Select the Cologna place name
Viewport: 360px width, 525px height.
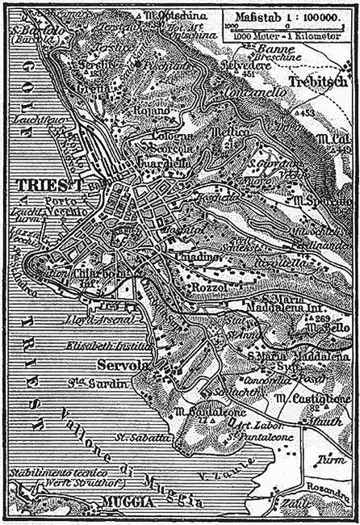click(170, 136)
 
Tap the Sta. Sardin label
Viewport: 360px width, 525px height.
click(88, 384)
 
